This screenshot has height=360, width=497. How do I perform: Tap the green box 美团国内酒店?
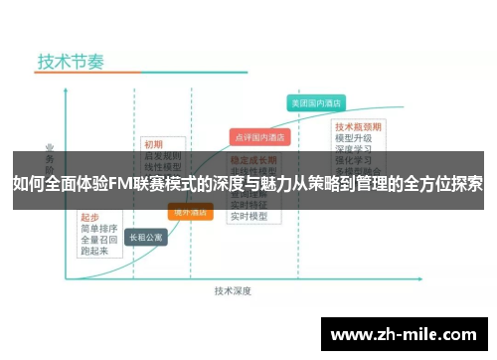(x=314, y=102)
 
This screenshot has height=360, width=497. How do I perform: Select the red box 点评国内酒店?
(x=258, y=136)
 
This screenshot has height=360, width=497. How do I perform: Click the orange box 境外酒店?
(x=191, y=211)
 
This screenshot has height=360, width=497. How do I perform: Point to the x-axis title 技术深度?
(x=233, y=290)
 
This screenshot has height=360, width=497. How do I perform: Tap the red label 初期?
(x=153, y=142)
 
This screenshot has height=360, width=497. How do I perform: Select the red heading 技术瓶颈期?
(x=358, y=127)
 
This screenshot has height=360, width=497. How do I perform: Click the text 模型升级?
(x=354, y=138)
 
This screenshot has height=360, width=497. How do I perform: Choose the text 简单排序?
(x=98, y=228)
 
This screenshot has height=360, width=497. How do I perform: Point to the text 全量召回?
(x=98, y=239)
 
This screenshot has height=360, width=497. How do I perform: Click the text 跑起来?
(x=94, y=251)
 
